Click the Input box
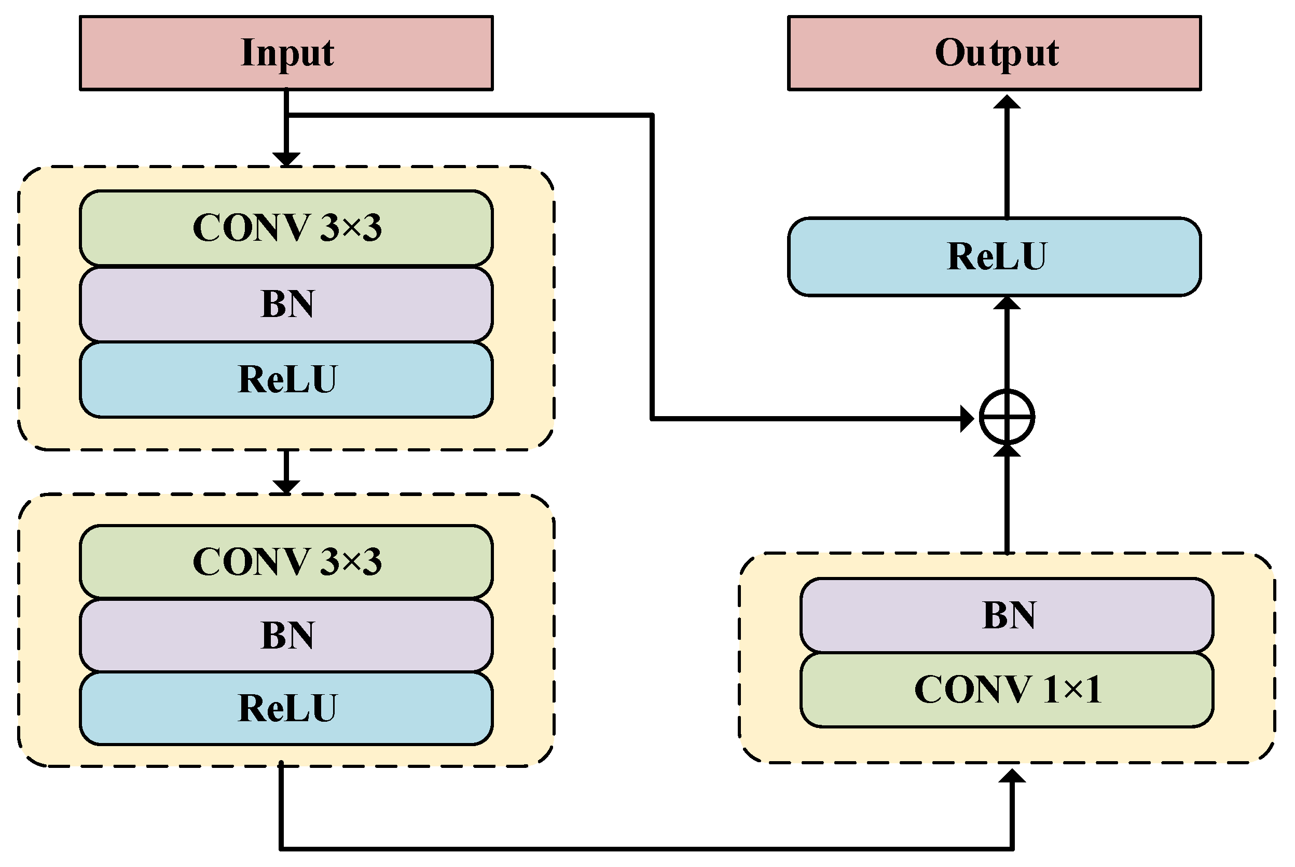pyautogui.click(x=286, y=53)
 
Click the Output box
pyautogui.click(x=994, y=53)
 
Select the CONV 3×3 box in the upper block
pyautogui.click(x=286, y=228)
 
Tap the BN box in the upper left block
pyautogui.click(x=286, y=304)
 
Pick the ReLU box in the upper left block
pyautogui.click(x=286, y=380)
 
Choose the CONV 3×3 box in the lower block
pyautogui.click(x=286, y=562)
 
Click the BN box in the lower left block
pyautogui.click(x=286, y=635)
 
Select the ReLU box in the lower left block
pyautogui.click(x=286, y=708)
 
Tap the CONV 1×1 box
pyautogui.click(x=1007, y=690)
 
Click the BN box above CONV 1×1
pyautogui.click(x=1007, y=615)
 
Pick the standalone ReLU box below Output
pyautogui.click(x=994, y=256)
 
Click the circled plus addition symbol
pyautogui.click(x=1007, y=418)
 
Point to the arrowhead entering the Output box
pyautogui.click(x=1007, y=102)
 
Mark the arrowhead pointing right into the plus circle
pyautogui.click(x=967, y=419)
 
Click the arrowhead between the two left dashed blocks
pyautogui.click(x=286, y=486)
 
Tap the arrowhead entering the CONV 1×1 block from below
pyautogui.click(x=1012, y=776)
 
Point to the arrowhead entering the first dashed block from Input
pyautogui.click(x=286, y=159)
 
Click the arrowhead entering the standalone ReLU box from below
pyautogui.click(x=1007, y=304)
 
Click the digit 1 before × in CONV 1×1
pyautogui.click(x=1050, y=690)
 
